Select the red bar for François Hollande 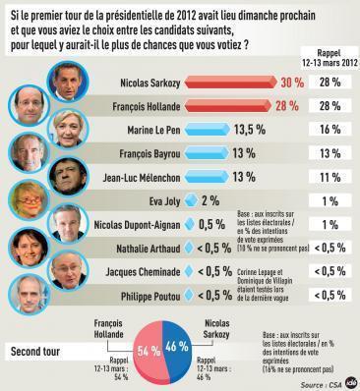[241, 105]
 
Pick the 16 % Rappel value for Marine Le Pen [330, 129]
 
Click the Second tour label [41, 351]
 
